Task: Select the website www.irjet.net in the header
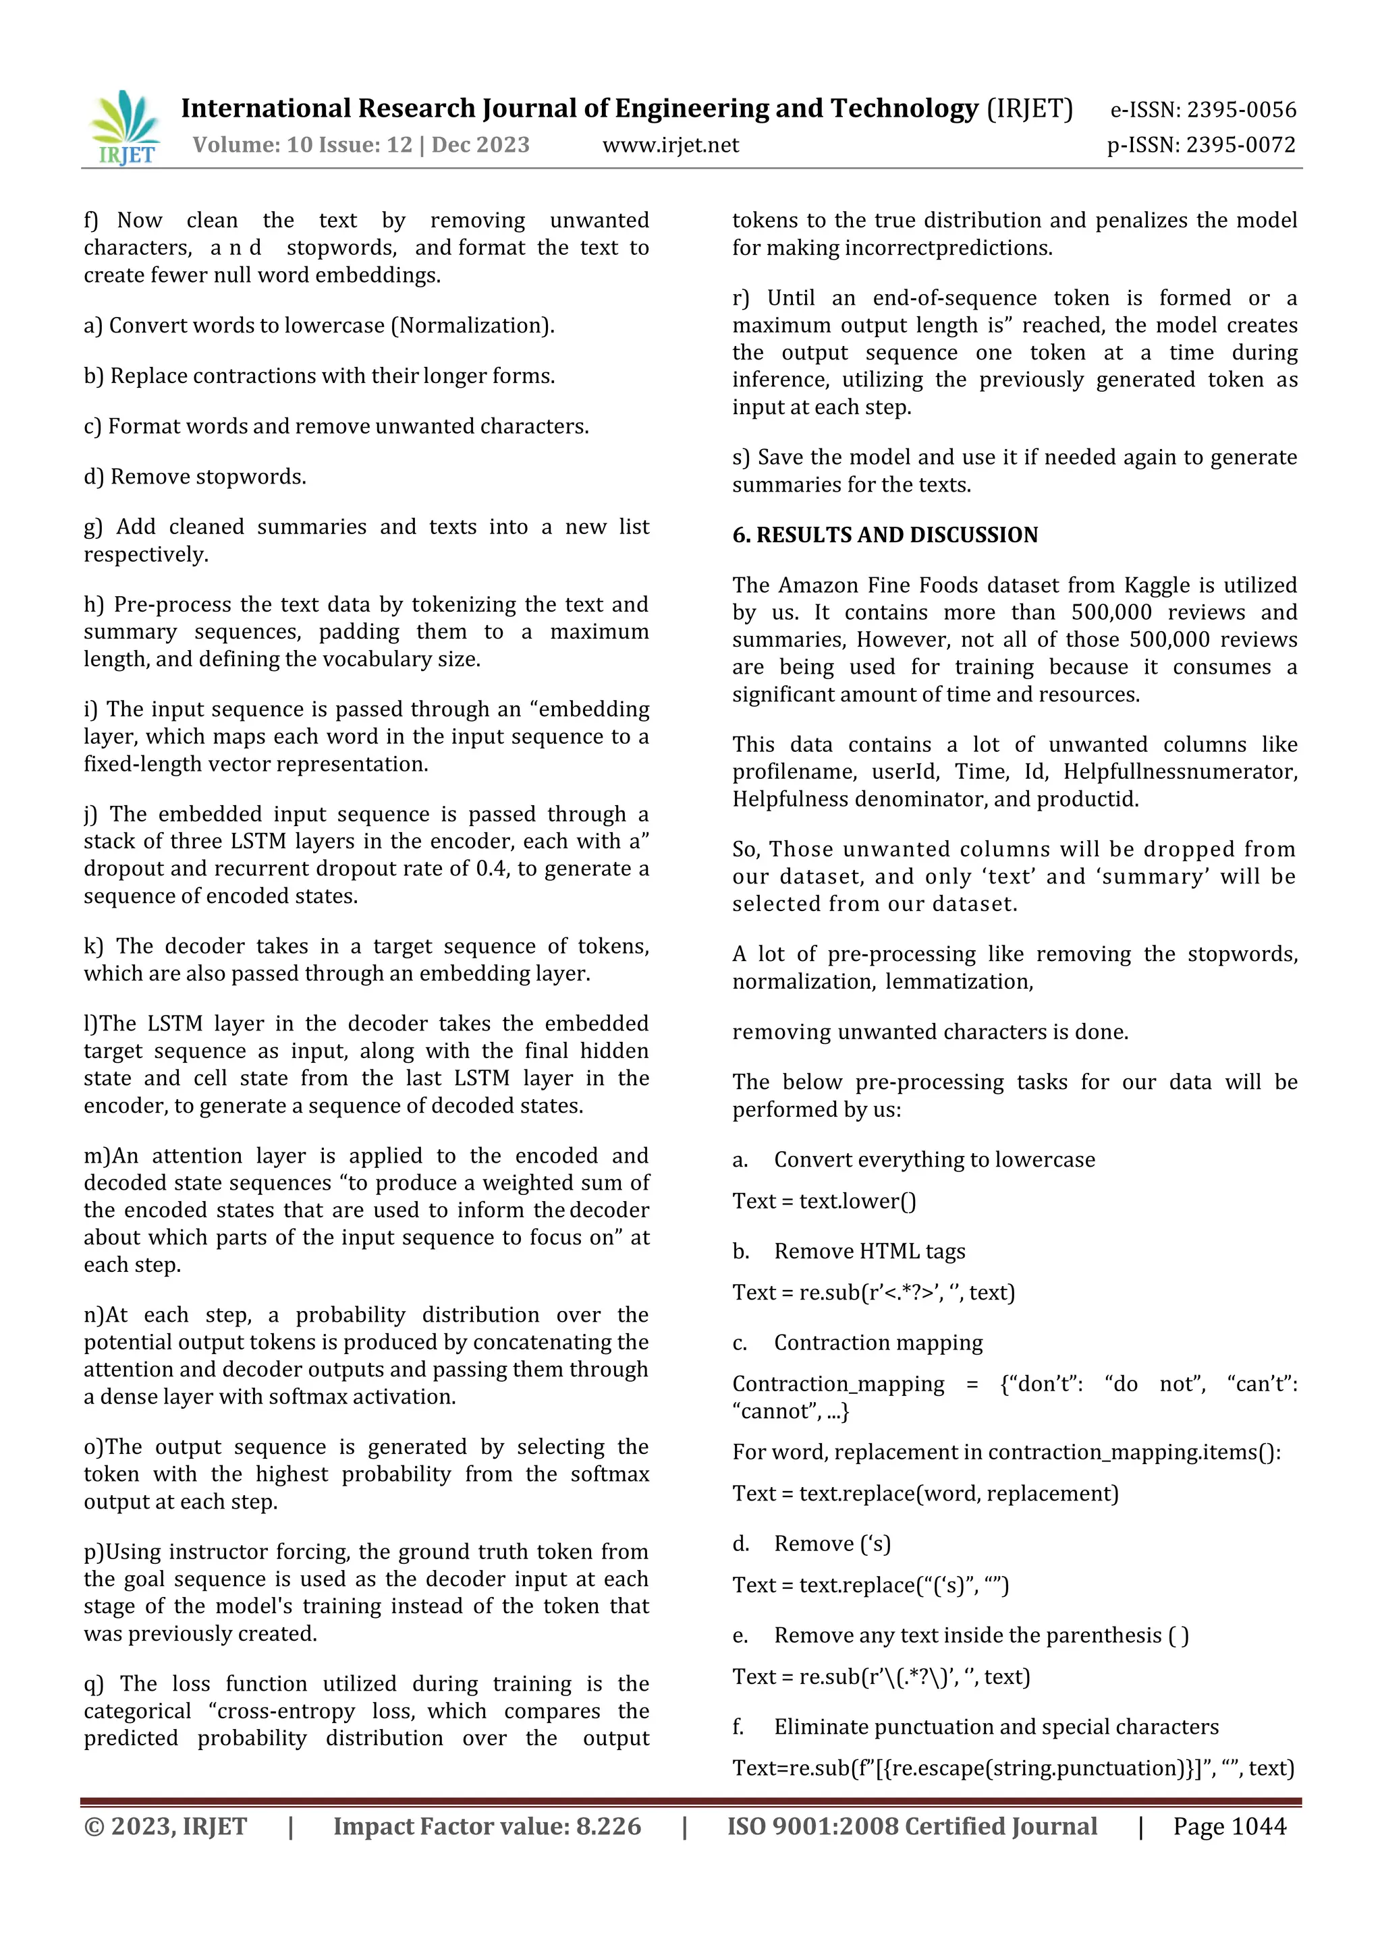(671, 146)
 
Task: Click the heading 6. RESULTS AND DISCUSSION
(885, 534)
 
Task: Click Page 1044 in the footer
(1229, 1826)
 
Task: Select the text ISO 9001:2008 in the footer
(812, 1826)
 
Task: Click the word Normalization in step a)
(473, 326)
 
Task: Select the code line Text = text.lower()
(824, 1201)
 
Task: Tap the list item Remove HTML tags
(869, 1251)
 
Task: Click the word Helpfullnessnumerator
(1180, 771)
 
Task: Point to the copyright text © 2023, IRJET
(165, 1826)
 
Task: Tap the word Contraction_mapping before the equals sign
(838, 1384)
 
